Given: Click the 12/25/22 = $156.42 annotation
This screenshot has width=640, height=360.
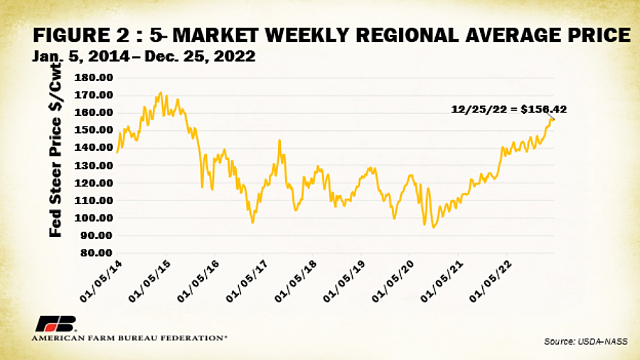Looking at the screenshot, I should point(509,109).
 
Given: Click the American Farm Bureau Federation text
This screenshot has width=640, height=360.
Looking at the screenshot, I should point(129,338).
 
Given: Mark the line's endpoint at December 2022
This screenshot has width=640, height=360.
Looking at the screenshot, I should point(554,119).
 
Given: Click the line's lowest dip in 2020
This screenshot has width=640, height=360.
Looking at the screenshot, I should point(433,228).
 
